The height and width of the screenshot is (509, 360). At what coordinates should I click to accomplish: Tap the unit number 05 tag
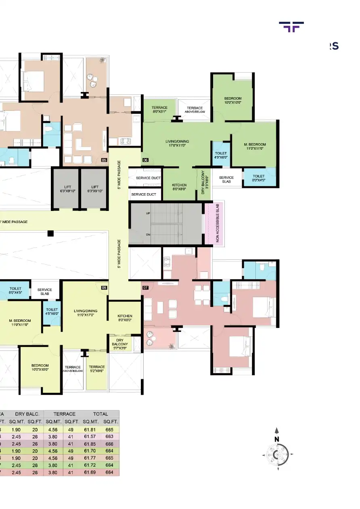click(104, 160)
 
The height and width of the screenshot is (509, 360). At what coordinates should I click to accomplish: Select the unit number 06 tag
click(145, 160)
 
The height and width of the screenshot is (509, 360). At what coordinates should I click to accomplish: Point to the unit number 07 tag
click(145, 288)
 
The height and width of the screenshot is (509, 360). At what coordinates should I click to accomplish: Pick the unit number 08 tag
click(104, 288)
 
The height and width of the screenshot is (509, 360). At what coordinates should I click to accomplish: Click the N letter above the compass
click(276, 439)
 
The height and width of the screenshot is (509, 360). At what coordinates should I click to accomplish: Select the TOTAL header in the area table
click(100, 414)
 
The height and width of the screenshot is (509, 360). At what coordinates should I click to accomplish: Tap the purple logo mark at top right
click(291, 27)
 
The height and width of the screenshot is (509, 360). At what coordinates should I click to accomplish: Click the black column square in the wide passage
click(50, 233)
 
